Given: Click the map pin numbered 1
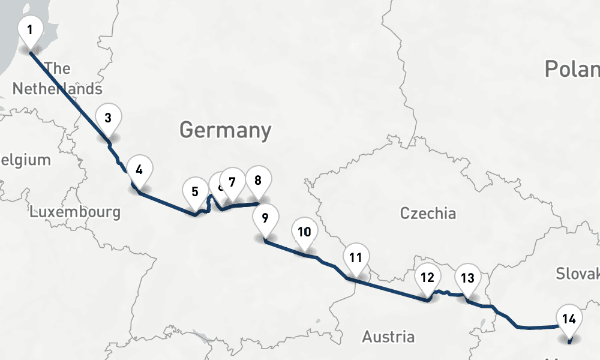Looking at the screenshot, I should tap(30, 30).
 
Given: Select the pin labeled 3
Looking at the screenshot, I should tap(108, 118).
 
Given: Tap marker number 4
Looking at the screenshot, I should tap(139, 170).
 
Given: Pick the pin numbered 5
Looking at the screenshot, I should tap(195, 193).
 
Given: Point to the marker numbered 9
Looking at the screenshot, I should tap(265, 218).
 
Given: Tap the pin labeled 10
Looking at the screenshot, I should tap(304, 232).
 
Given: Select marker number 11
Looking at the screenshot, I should tap(356, 259).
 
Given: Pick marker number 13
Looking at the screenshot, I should tap(467, 278).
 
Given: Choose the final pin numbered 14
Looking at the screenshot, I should tap(569, 319).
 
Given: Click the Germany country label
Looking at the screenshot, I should tap(225, 130).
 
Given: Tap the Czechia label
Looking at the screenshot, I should tap(428, 213).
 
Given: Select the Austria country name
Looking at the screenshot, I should tap(388, 337).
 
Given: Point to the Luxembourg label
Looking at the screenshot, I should tap(75, 212).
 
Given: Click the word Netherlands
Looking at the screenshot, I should tap(57, 89).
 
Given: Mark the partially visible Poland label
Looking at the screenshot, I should tap(572, 70).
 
